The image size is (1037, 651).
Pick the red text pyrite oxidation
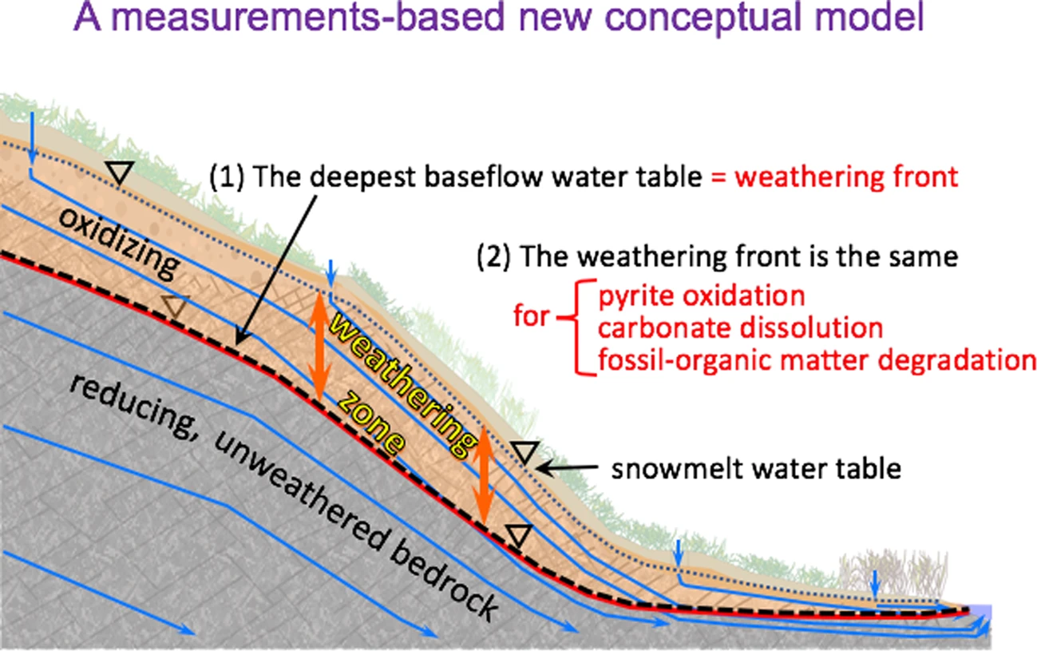pyautogui.click(x=701, y=296)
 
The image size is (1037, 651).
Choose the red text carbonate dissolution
pyautogui.click(x=740, y=328)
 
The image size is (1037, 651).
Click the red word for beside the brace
pyautogui.click(x=530, y=316)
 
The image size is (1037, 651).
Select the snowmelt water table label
pyautogui.click(x=755, y=468)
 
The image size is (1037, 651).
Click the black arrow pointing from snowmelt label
pyautogui.click(x=568, y=466)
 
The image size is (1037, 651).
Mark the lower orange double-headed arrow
pyautogui.click(x=482, y=474)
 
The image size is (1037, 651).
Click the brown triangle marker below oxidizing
pyautogui.click(x=176, y=305)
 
